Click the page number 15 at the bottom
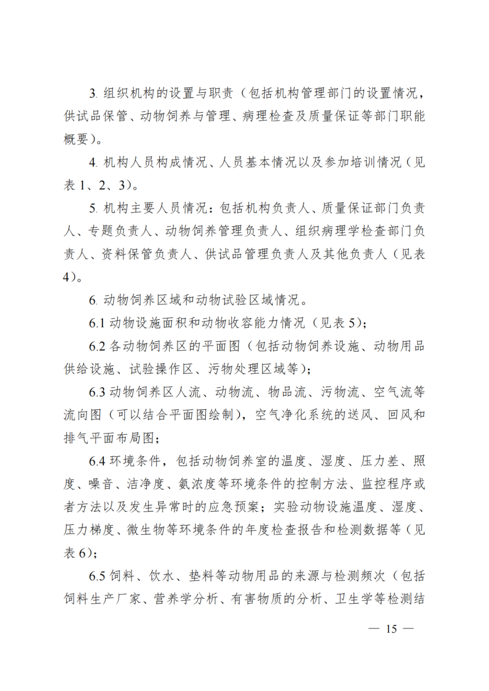391,629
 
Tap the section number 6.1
96,323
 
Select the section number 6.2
97,346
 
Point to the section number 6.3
97,392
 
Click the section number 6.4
97,461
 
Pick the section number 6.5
97,576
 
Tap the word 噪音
101,484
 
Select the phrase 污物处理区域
254,369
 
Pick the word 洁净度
146,484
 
